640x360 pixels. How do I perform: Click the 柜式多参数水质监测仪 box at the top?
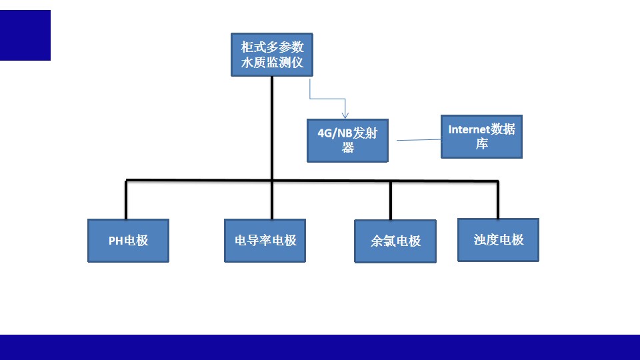pyautogui.click(x=272, y=55)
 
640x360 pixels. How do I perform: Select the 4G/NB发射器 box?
pyautogui.click(x=347, y=140)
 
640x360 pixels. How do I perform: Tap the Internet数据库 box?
pyautogui.click(x=481, y=136)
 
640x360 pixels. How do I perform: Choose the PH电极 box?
pyautogui.click(x=129, y=240)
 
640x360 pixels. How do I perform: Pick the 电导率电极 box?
pyautogui.click(x=265, y=240)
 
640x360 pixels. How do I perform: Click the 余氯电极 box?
pyautogui.click(x=395, y=241)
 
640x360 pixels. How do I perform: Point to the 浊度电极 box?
pyautogui.click(x=499, y=239)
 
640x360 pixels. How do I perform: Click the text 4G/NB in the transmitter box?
pyautogui.click(x=333, y=133)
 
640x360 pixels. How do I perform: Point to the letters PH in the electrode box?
pyautogui.click(x=115, y=241)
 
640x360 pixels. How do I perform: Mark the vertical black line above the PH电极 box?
pyautogui.click(x=126, y=199)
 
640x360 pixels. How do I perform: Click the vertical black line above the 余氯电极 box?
pyautogui.click(x=391, y=200)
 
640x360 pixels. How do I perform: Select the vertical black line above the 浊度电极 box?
pyautogui.click(x=497, y=199)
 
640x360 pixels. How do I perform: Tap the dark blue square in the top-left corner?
pyautogui.click(x=25, y=35)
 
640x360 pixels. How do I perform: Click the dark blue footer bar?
pyautogui.click(x=320, y=347)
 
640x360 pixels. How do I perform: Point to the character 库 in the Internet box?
pyautogui.click(x=482, y=144)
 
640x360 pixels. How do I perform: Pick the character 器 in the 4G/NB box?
pyautogui.click(x=348, y=148)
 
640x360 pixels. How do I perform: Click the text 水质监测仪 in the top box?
pyautogui.click(x=272, y=63)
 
